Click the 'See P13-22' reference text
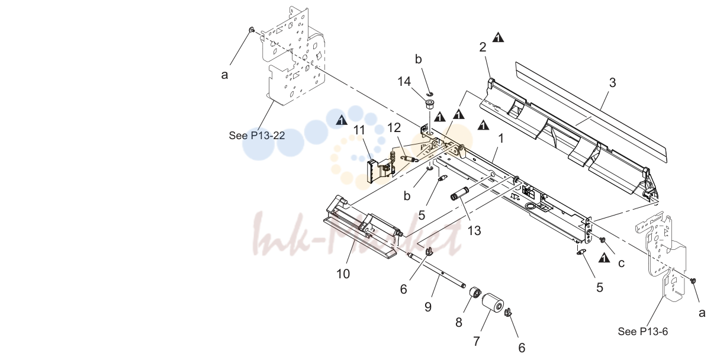click(257, 136)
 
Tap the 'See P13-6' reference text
click(643, 332)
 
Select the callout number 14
click(404, 81)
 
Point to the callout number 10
click(343, 274)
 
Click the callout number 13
click(474, 230)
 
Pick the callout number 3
click(612, 82)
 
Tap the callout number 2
click(483, 47)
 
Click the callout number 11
click(359, 130)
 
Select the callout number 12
click(394, 128)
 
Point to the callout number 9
click(428, 307)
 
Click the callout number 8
click(459, 322)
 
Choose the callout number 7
click(476, 341)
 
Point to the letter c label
click(621, 263)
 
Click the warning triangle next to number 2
click(498, 37)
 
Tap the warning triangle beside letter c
click(604, 258)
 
